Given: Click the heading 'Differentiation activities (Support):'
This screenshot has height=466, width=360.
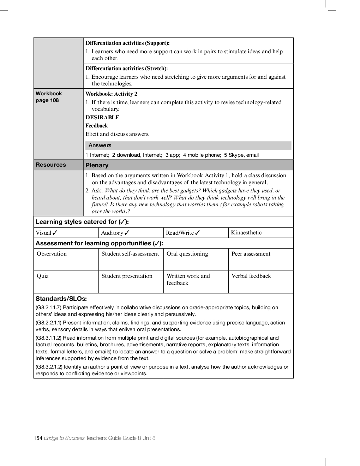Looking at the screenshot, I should (x=127, y=43).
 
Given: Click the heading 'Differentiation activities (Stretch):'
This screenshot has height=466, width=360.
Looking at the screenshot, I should (x=126, y=68).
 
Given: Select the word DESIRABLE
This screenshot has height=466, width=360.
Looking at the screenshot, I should (x=102, y=118).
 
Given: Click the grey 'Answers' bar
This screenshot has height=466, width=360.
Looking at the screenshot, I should (x=188, y=145).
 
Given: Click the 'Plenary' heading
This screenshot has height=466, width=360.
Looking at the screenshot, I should (x=97, y=165).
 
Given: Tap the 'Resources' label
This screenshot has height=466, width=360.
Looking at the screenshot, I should (x=51, y=165).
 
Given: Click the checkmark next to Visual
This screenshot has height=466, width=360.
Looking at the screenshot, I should (x=55, y=233).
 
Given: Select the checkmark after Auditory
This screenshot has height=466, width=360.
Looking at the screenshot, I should (x=127, y=233).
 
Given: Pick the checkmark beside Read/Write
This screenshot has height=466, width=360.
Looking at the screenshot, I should (x=197, y=233).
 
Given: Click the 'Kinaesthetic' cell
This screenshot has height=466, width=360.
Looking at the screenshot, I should (x=246, y=233).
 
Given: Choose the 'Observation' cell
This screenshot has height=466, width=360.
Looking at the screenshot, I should (x=52, y=254).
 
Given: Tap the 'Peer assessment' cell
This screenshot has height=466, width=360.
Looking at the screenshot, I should (x=251, y=254).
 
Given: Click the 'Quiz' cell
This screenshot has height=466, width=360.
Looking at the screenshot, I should (x=43, y=276).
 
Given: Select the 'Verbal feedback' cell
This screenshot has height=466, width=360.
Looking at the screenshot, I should (x=251, y=276).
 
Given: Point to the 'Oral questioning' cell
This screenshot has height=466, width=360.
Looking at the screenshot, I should (x=187, y=254).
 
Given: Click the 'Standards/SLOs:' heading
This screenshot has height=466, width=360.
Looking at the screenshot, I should (x=61, y=299).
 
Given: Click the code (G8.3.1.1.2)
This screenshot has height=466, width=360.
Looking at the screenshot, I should (x=49, y=338).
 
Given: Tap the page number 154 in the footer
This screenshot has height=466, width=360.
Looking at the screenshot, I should (x=38, y=438).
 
